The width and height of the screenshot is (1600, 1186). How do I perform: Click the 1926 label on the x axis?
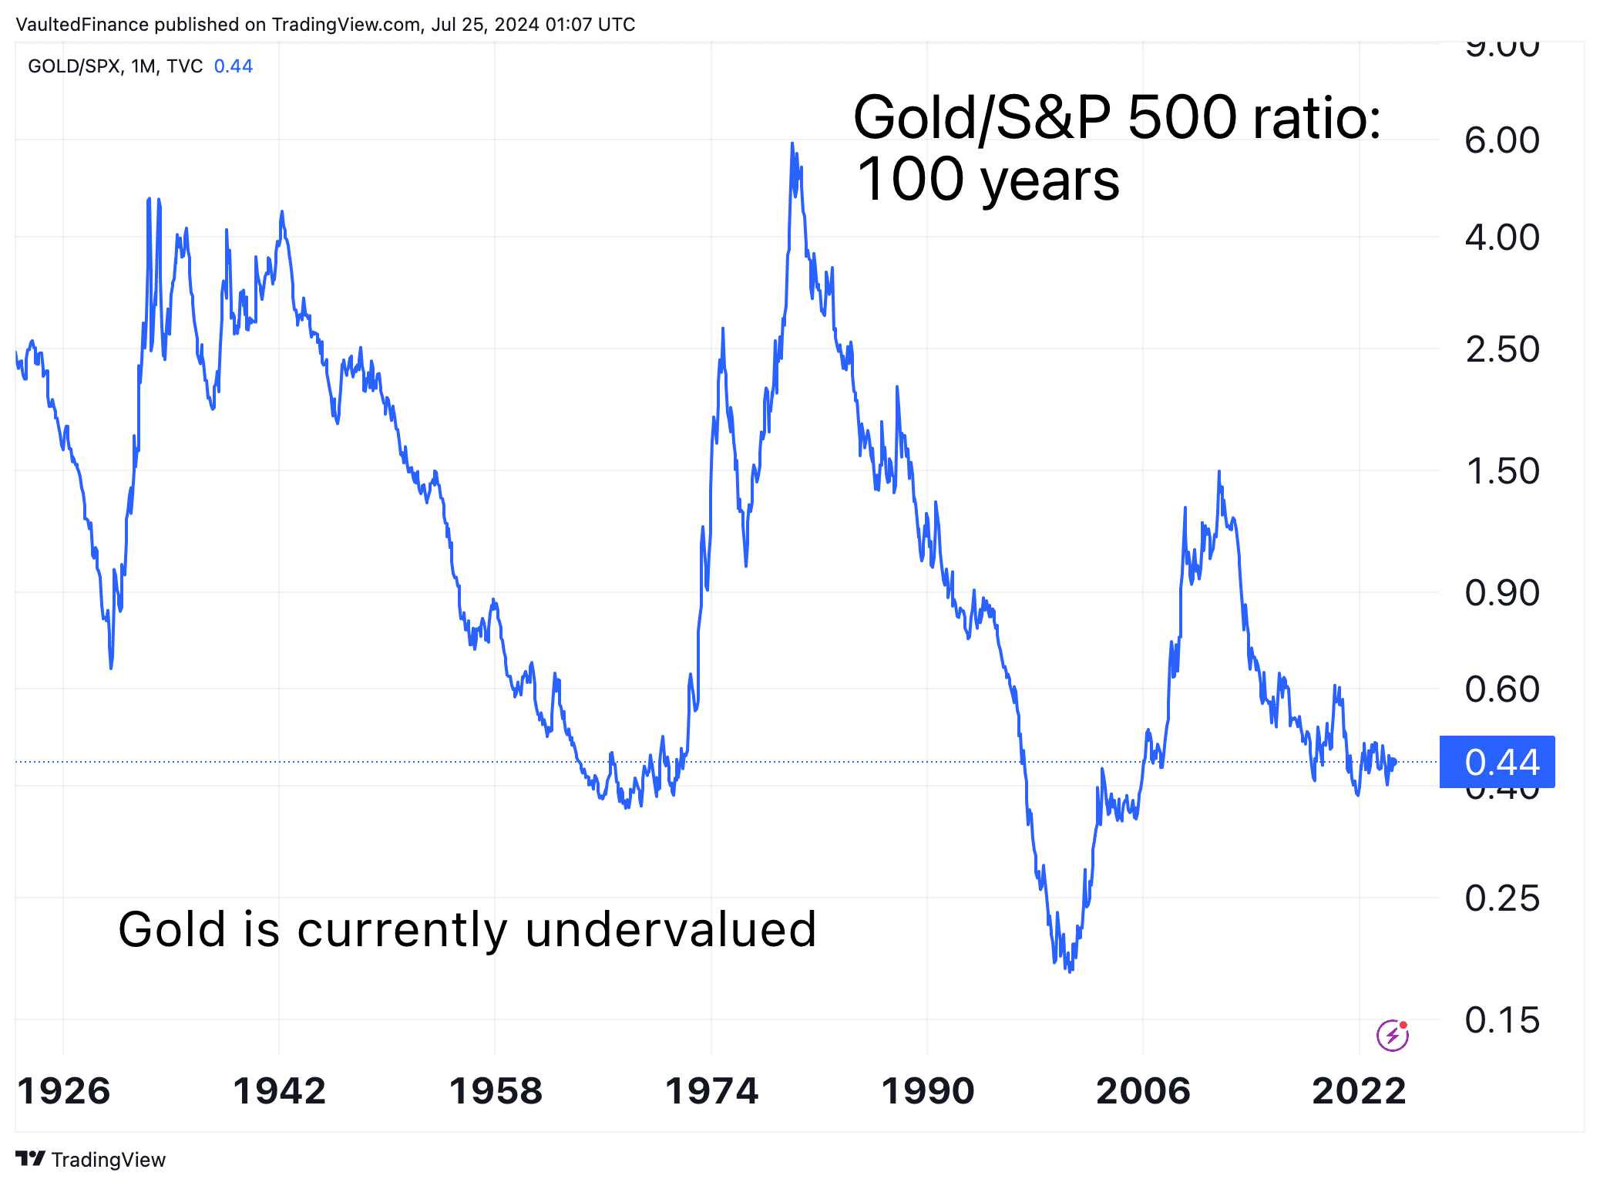pyautogui.click(x=63, y=1090)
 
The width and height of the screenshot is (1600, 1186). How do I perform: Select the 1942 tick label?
pyautogui.click(x=279, y=1090)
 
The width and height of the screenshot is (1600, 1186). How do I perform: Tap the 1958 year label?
pyautogui.click(x=496, y=1090)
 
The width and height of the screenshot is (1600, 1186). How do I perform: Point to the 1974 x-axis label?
pyautogui.click(x=711, y=1090)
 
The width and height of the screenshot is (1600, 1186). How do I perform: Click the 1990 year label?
pyautogui.click(x=927, y=1090)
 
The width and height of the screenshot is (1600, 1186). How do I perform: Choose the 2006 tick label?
pyautogui.click(x=1143, y=1090)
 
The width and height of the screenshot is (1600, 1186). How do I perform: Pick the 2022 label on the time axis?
pyautogui.click(x=1359, y=1090)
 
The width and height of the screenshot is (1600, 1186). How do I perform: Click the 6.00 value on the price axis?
pyautogui.click(x=1501, y=140)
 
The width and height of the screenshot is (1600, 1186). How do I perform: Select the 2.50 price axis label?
pyautogui.click(x=1501, y=349)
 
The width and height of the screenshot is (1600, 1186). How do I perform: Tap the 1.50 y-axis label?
pyautogui.click(x=1501, y=471)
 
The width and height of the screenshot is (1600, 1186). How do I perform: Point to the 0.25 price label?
pyautogui.click(x=1501, y=898)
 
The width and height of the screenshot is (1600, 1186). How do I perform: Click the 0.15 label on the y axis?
pyautogui.click(x=1501, y=1020)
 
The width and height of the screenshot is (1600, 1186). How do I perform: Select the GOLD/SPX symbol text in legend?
pyautogui.click(x=74, y=66)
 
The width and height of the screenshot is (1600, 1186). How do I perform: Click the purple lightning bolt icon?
pyautogui.click(x=1393, y=1035)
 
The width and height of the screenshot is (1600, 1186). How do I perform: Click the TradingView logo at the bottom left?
pyautogui.click(x=90, y=1159)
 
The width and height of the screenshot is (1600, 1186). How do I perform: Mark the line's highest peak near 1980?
pyautogui.click(x=792, y=143)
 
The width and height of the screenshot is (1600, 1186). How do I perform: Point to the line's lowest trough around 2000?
pyautogui.click(x=1071, y=971)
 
